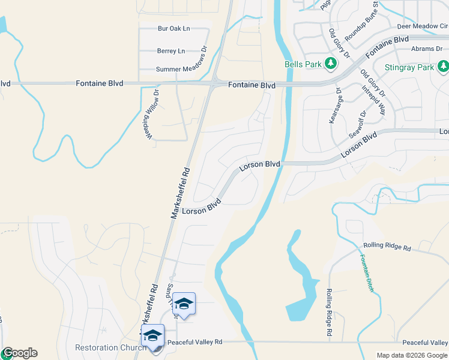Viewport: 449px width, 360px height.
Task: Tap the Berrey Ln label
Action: (x=171, y=51)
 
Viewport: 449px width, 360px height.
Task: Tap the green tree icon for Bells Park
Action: (x=330, y=63)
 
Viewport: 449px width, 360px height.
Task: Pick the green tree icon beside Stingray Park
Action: (x=443, y=66)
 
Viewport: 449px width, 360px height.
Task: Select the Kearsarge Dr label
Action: (x=335, y=106)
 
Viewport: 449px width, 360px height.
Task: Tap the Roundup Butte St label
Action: (x=361, y=22)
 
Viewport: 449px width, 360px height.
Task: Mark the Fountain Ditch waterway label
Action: (x=367, y=273)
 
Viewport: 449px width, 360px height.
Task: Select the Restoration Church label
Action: (x=110, y=348)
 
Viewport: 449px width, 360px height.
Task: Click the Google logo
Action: (x=20, y=353)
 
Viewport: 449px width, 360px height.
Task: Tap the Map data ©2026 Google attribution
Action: (x=412, y=355)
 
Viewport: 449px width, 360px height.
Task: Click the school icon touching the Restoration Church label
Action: (x=152, y=335)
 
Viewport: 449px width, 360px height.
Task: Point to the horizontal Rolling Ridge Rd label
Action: (x=387, y=247)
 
